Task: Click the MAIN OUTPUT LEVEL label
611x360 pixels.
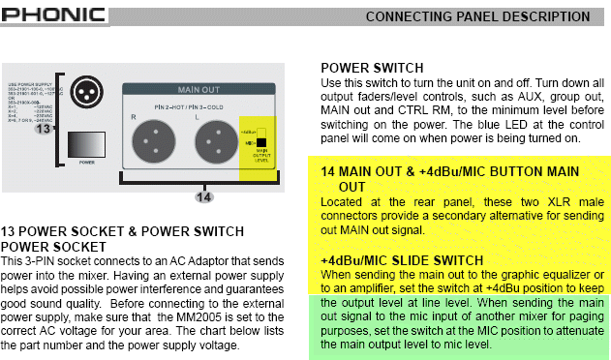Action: pyautogui.click(x=260, y=158)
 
